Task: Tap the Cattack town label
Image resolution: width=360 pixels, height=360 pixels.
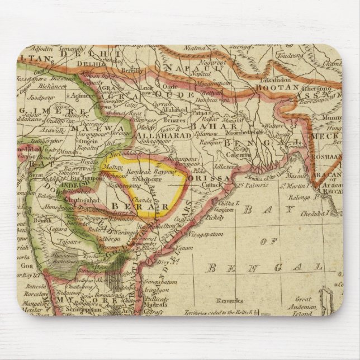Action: pyautogui.click(x=215, y=183)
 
